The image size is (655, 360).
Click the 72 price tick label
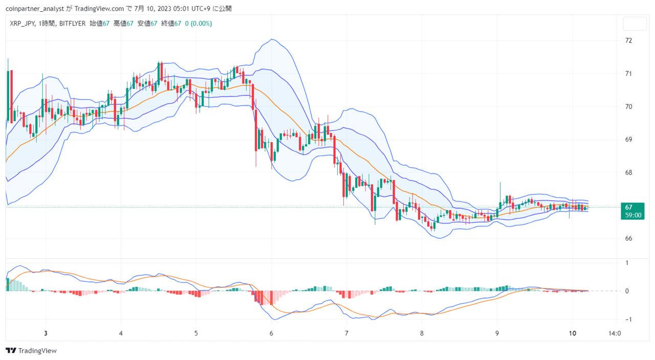point(629,40)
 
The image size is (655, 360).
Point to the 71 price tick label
point(629,74)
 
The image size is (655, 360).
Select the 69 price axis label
point(629,140)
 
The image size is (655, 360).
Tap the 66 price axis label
point(629,238)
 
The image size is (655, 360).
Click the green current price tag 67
point(632,211)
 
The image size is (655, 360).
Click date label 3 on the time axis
point(46,333)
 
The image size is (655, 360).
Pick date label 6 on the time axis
point(271,333)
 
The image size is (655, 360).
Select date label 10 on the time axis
point(572,333)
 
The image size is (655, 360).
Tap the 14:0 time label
point(615,333)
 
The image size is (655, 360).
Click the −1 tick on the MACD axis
point(628,320)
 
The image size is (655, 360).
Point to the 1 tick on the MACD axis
point(627,263)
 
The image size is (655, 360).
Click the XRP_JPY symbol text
point(22,24)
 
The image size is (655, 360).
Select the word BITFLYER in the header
point(72,24)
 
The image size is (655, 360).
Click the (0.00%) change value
point(201,24)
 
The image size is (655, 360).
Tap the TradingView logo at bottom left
point(31,350)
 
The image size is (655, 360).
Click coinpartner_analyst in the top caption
point(34,9)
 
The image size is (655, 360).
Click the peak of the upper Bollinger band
point(272,39)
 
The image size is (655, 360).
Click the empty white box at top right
point(635,24)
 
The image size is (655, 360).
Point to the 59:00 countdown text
point(633,215)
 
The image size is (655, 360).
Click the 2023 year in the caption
point(165,9)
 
